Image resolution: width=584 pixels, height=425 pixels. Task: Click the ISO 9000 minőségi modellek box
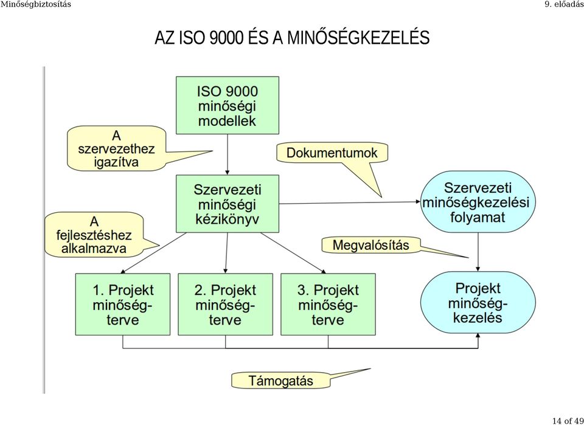(x=227, y=105)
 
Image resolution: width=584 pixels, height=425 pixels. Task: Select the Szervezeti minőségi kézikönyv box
(x=227, y=204)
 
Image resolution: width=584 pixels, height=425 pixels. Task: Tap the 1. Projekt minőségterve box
(x=123, y=305)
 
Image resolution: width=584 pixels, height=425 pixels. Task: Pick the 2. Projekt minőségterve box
(x=225, y=305)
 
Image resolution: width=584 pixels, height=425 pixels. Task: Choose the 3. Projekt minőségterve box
(x=328, y=305)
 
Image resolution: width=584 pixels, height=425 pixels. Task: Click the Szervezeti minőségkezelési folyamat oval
(x=478, y=202)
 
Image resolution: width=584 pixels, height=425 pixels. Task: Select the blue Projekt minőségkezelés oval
(x=478, y=302)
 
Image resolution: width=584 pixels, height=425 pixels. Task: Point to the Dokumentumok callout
(x=332, y=153)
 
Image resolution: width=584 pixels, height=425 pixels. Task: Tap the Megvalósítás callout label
(x=370, y=245)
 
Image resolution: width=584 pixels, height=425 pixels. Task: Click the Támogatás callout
(x=280, y=381)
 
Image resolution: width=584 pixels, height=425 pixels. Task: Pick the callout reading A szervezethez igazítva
(x=116, y=149)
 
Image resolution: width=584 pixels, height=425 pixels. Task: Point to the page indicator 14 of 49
(x=568, y=421)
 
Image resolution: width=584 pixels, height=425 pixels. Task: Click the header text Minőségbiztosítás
(x=35, y=4)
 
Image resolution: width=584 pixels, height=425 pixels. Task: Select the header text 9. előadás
(x=564, y=4)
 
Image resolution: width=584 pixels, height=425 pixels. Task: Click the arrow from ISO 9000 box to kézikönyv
(x=227, y=154)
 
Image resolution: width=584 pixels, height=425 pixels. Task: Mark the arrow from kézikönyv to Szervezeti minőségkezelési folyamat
(x=350, y=203)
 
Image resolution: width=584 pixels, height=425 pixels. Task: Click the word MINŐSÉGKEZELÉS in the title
(x=357, y=38)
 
